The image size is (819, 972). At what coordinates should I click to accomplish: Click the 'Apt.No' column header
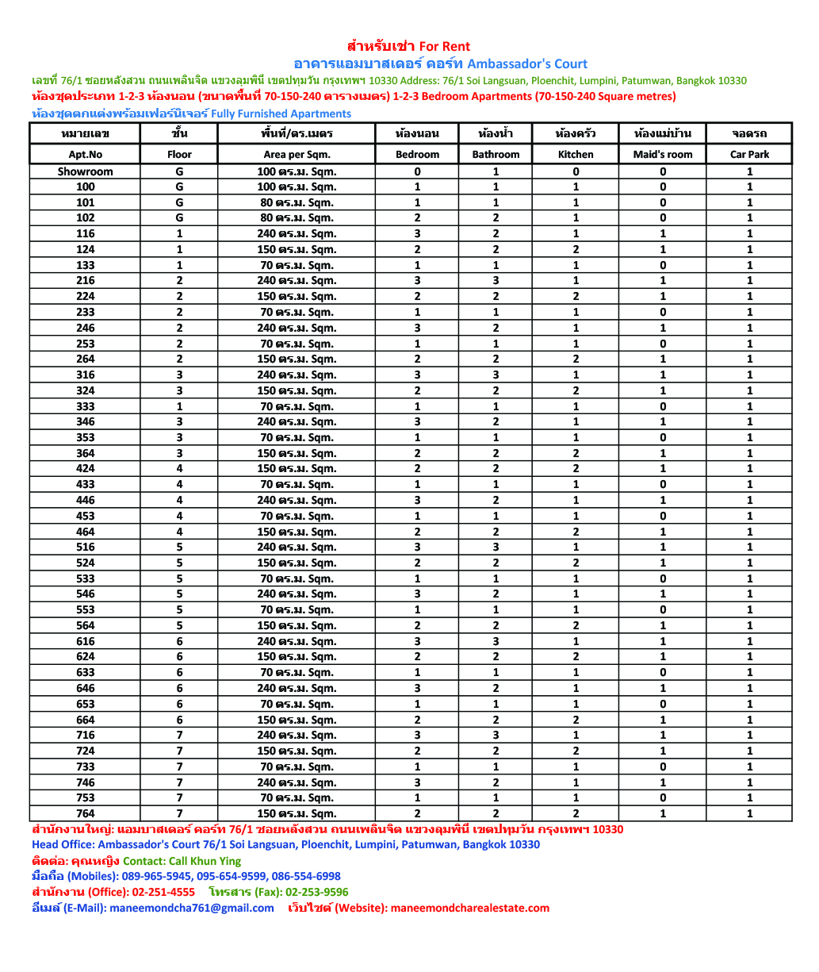[x=85, y=155]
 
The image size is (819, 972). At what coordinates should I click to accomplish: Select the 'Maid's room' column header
[x=662, y=155]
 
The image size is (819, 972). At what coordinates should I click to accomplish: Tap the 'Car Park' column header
[x=749, y=155]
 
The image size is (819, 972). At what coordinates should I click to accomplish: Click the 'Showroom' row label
[x=85, y=171]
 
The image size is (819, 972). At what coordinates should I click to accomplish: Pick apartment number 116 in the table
[x=85, y=234]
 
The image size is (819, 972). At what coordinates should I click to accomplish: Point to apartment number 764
[x=85, y=813]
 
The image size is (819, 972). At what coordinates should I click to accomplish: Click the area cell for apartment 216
[x=297, y=281]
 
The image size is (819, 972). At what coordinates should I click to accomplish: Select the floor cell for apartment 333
[x=179, y=406]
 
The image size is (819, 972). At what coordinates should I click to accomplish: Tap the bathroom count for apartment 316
[x=496, y=375]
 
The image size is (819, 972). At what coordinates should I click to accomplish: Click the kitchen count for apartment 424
[x=576, y=469]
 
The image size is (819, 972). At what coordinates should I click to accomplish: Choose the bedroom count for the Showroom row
[x=417, y=171]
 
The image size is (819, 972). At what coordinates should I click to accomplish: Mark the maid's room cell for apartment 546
[x=662, y=594]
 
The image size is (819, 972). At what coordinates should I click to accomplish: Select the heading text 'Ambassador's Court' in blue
[x=527, y=64]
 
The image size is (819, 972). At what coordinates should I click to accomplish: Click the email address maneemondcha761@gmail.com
[x=191, y=909]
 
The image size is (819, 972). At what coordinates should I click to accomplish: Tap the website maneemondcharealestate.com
[x=469, y=909]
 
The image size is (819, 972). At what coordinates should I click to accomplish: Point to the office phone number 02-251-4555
[x=163, y=893]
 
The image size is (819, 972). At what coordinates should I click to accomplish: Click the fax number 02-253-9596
[x=316, y=893]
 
